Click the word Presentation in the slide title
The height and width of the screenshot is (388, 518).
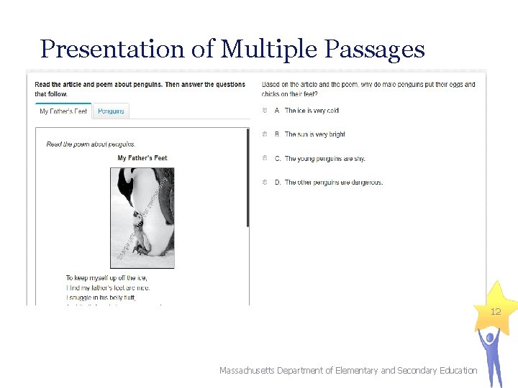[x=112, y=49]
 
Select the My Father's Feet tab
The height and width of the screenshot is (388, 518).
[x=63, y=111]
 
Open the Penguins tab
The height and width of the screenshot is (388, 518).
[x=111, y=111]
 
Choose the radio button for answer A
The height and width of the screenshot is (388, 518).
[x=265, y=111]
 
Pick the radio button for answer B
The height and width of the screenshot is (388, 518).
[x=265, y=134]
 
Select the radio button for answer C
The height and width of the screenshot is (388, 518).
[x=265, y=158]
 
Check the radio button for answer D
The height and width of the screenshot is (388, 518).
[x=265, y=183]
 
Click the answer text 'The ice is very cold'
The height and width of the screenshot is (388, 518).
[x=312, y=111]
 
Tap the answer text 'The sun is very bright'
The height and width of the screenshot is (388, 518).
[x=314, y=134]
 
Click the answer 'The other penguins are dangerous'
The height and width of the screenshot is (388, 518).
[x=333, y=183]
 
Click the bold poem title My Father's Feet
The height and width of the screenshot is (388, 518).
[x=142, y=158]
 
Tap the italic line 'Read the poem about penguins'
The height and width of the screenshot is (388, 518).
[x=91, y=144]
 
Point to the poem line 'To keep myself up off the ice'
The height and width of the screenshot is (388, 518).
[x=106, y=278]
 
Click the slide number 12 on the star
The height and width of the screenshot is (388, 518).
[x=495, y=312]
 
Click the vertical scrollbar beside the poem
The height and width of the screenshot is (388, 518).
[x=248, y=180]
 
